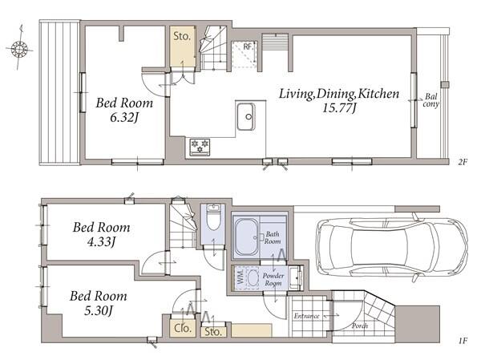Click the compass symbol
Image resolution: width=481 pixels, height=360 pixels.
19,48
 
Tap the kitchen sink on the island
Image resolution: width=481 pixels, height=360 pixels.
245,116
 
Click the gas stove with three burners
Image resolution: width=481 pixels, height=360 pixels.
200,147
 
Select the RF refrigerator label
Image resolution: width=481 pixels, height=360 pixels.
247,47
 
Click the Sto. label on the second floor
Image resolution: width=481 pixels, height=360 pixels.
182,36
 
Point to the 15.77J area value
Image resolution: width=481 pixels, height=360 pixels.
339,108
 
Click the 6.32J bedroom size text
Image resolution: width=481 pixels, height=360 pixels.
124,118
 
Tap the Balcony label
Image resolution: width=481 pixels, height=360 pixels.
431,100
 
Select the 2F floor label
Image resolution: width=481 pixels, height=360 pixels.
463,162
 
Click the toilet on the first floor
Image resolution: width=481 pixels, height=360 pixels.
212,217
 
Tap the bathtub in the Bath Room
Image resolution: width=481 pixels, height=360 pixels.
246,237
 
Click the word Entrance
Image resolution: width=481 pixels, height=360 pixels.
306,316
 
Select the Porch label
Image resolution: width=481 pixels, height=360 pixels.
359,326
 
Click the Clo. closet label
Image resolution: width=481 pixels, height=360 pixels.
183,328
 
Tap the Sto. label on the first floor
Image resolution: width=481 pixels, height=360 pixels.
213,331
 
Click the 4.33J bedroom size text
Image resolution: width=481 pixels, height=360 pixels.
101,242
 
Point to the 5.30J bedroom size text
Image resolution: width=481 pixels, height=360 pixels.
99,311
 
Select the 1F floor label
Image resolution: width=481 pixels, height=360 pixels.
463,341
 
